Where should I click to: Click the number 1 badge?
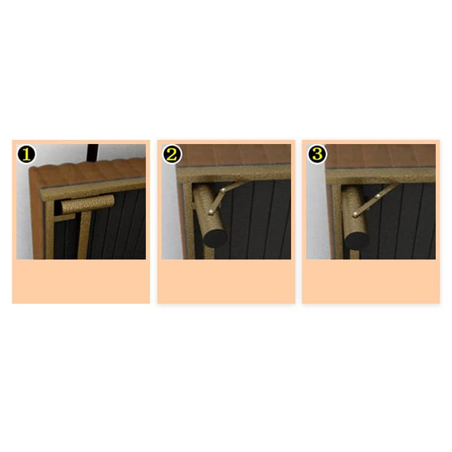pyautogui.click(x=27, y=154)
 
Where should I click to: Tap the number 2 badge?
pyautogui.click(x=172, y=154)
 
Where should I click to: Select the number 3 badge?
pyautogui.click(x=317, y=154)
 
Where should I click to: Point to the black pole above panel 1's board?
pyautogui.click(x=93, y=153)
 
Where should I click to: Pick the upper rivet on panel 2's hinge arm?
pyautogui.click(x=223, y=190)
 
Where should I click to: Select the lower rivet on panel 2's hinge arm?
pyautogui.click(x=212, y=212)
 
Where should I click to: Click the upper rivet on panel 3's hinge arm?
pyautogui.click(x=378, y=196)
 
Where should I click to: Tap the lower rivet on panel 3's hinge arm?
pyautogui.click(x=355, y=215)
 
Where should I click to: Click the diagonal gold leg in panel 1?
pyautogui.click(x=84, y=235)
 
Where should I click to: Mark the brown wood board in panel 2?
pyautogui.click(x=233, y=154)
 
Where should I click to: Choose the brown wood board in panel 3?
pyautogui.click(x=380, y=155)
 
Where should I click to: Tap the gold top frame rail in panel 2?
pyautogui.click(x=234, y=174)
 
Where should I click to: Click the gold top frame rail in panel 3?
pyautogui.click(x=381, y=175)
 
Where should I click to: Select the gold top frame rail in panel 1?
pyautogui.click(x=93, y=189)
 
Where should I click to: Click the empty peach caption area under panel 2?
pyautogui.click(x=226, y=281)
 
